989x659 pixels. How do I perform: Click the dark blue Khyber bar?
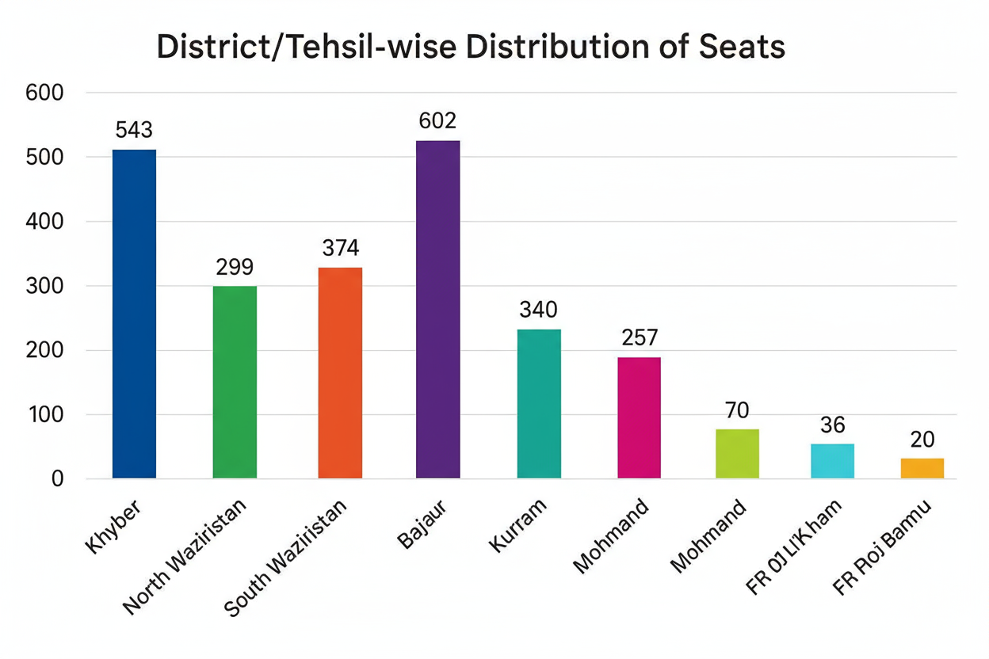pos(134,314)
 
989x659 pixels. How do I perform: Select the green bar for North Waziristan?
pos(235,382)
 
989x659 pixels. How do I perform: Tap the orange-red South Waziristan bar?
pos(340,372)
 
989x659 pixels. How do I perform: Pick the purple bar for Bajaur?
pos(437,309)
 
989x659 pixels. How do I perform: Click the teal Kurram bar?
pos(539,403)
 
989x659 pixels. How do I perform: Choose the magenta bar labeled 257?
pos(639,417)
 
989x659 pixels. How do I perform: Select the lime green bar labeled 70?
pos(737,453)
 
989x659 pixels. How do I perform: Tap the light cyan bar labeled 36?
pos(832,460)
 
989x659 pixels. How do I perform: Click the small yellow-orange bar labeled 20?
pos(922,467)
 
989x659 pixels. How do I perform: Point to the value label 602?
pos(437,121)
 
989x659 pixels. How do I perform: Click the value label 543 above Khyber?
pos(134,130)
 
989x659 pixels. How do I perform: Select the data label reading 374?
pos(340,248)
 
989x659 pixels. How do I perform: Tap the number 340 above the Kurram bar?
pos(539,310)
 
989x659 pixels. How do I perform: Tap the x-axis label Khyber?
pos(116,527)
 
